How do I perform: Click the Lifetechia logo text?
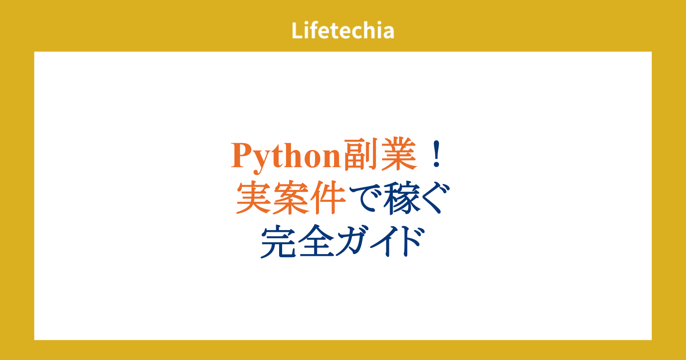(343, 30)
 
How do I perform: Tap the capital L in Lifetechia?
(297, 30)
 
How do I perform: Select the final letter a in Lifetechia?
(388, 33)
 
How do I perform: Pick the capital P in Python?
(242, 155)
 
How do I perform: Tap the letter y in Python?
(262, 161)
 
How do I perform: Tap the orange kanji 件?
(328, 198)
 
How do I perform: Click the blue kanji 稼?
(401, 198)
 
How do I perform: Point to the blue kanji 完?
(278, 241)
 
